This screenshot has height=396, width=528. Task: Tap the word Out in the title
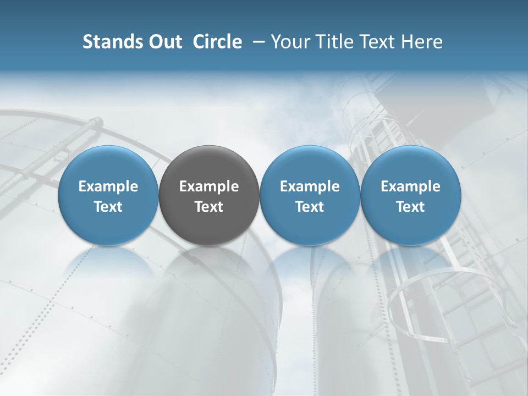(x=163, y=42)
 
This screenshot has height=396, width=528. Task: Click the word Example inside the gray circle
(x=209, y=186)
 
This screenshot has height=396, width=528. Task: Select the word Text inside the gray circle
(x=209, y=207)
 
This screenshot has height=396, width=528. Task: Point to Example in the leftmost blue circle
(x=108, y=186)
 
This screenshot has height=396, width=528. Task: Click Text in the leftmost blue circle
(x=108, y=207)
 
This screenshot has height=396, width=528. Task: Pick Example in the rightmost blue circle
(x=410, y=186)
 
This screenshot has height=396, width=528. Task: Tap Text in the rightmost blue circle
(x=410, y=207)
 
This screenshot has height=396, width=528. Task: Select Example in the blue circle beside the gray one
(x=310, y=186)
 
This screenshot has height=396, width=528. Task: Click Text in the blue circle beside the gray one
(x=310, y=207)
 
